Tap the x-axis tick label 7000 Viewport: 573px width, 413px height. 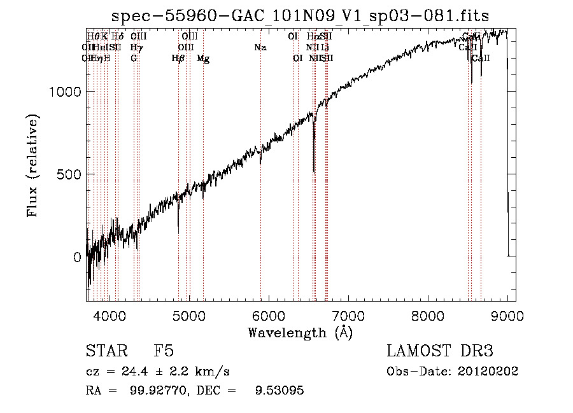pos(348,315)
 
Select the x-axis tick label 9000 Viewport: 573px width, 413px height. pos(507,315)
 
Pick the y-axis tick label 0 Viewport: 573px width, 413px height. pos(77,257)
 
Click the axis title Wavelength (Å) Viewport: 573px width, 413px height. pos(300,332)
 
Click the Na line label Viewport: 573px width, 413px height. pos(260,48)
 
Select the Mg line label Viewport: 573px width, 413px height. pos(203,59)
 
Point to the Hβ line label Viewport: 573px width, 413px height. pos(178,59)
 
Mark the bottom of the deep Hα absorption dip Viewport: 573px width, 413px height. pos(314,171)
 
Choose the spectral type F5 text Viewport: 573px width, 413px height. pos(163,351)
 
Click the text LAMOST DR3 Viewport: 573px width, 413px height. pos(440,351)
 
